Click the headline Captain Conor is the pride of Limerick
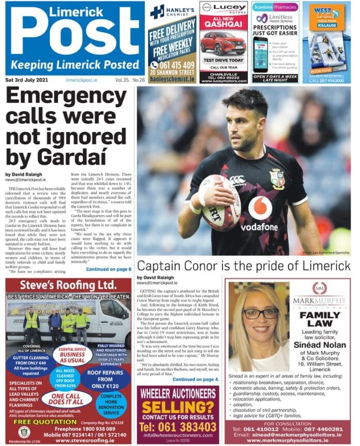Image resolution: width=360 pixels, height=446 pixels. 244,266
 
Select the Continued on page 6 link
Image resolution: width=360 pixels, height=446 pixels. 109,269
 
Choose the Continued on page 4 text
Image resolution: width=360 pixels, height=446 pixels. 196,379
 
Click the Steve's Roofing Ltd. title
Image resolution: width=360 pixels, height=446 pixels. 68,285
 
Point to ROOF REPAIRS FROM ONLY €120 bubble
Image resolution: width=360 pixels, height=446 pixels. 107,379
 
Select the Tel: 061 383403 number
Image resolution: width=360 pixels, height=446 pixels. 178,427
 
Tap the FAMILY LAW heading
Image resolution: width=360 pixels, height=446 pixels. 319,319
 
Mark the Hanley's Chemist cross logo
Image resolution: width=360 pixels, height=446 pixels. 158,11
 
